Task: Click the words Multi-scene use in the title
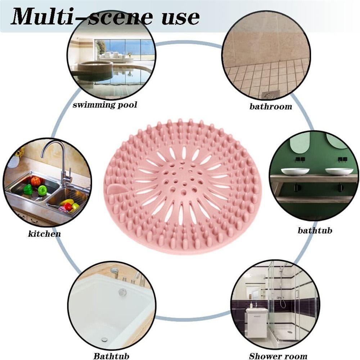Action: (x=105, y=17)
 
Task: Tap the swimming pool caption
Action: (x=105, y=105)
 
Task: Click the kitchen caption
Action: (x=44, y=234)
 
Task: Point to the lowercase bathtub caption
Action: (x=315, y=230)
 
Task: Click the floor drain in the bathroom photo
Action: (x=271, y=94)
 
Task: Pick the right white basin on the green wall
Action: (x=339, y=171)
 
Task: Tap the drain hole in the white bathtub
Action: (x=105, y=339)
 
